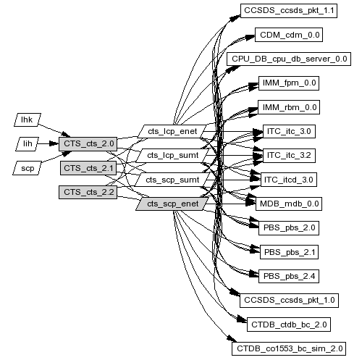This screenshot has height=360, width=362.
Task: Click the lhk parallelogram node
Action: [x=28, y=120]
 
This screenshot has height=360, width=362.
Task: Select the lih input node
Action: [x=28, y=144]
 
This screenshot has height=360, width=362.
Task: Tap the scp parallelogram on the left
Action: [x=28, y=168]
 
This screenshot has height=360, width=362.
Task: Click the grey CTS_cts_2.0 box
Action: [x=88, y=144]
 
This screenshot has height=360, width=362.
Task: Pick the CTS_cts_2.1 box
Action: [x=88, y=168]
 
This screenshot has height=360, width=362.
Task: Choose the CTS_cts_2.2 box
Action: [x=88, y=192]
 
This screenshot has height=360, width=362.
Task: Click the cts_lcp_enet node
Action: [x=172, y=132]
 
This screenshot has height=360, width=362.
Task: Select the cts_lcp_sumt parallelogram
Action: [x=172, y=156]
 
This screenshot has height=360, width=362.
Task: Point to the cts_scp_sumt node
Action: [x=172, y=180]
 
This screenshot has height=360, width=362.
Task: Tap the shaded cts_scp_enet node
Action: [x=172, y=204]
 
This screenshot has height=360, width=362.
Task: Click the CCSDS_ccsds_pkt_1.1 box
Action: [x=289, y=11]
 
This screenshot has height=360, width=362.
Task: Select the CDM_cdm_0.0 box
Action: [x=289, y=35]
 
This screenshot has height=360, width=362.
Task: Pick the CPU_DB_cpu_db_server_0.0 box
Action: [x=289, y=59]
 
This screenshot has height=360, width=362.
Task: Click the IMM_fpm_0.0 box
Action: [x=289, y=83]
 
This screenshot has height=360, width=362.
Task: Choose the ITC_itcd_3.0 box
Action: [x=289, y=180]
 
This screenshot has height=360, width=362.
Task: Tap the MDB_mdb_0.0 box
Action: [x=289, y=204]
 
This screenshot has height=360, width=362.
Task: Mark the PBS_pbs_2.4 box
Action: [x=289, y=276]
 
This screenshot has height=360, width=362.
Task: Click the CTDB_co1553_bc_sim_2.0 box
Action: [x=289, y=348]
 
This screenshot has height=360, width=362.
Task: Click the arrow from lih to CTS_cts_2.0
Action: [x=49, y=144]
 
